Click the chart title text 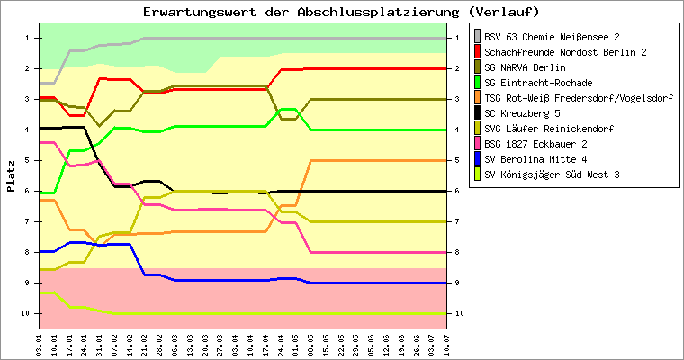[x=341, y=12]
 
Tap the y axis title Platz [x=11, y=176]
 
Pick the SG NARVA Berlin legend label [x=525, y=67]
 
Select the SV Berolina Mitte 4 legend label [x=533, y=159]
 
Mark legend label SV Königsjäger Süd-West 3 [x=551, y=175]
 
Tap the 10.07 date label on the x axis [x=447, y=345]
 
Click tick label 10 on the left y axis [x=28, y=313]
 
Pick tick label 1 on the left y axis [x=30, y=38]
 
